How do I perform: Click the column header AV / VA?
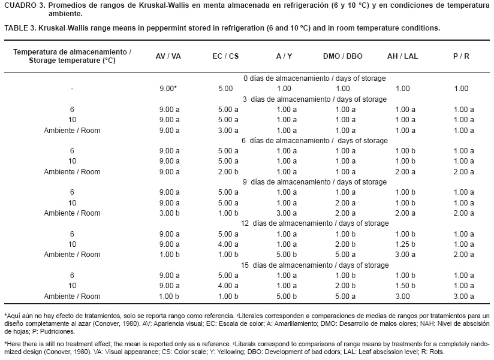point(168,56)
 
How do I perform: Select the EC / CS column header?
point(225,56)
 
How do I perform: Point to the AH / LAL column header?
point(402,56)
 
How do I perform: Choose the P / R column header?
point(460,56)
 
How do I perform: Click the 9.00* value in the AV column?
point(165,89)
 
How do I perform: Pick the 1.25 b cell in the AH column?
point(405,244)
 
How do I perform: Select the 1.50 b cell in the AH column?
point(405,286)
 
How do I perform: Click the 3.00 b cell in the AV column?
point(168,213)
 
